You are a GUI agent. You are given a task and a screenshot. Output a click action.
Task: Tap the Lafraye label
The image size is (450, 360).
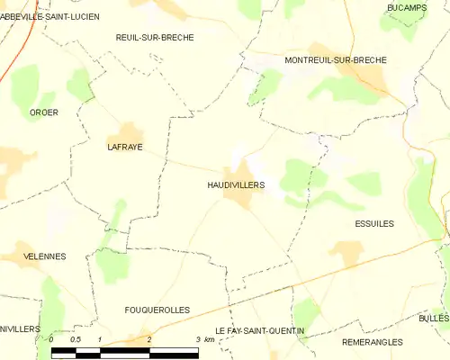[125, 147]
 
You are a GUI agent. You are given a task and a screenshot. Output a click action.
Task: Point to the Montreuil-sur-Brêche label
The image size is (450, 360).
[335, 59]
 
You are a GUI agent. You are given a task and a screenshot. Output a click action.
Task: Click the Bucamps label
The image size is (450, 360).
[405, 7]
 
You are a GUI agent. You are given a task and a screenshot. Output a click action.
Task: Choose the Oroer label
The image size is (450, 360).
[44, 112]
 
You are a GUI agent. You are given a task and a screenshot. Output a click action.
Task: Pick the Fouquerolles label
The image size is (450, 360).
[157, 310]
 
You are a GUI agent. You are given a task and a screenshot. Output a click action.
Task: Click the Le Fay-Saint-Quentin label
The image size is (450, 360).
[259, 331]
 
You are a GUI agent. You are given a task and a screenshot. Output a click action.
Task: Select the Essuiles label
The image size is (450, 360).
[374, 223]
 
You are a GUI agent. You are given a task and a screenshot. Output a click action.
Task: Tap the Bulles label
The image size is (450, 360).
[434, 319]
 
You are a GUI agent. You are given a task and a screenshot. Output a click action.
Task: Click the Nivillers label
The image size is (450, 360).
[20, 329]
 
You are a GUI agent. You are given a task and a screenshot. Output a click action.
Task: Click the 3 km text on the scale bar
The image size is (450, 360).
[204, 339]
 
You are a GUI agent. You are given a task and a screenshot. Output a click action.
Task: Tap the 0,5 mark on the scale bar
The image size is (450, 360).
[76, 339]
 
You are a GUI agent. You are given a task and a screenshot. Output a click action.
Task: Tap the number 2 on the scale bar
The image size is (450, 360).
[148, 339]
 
